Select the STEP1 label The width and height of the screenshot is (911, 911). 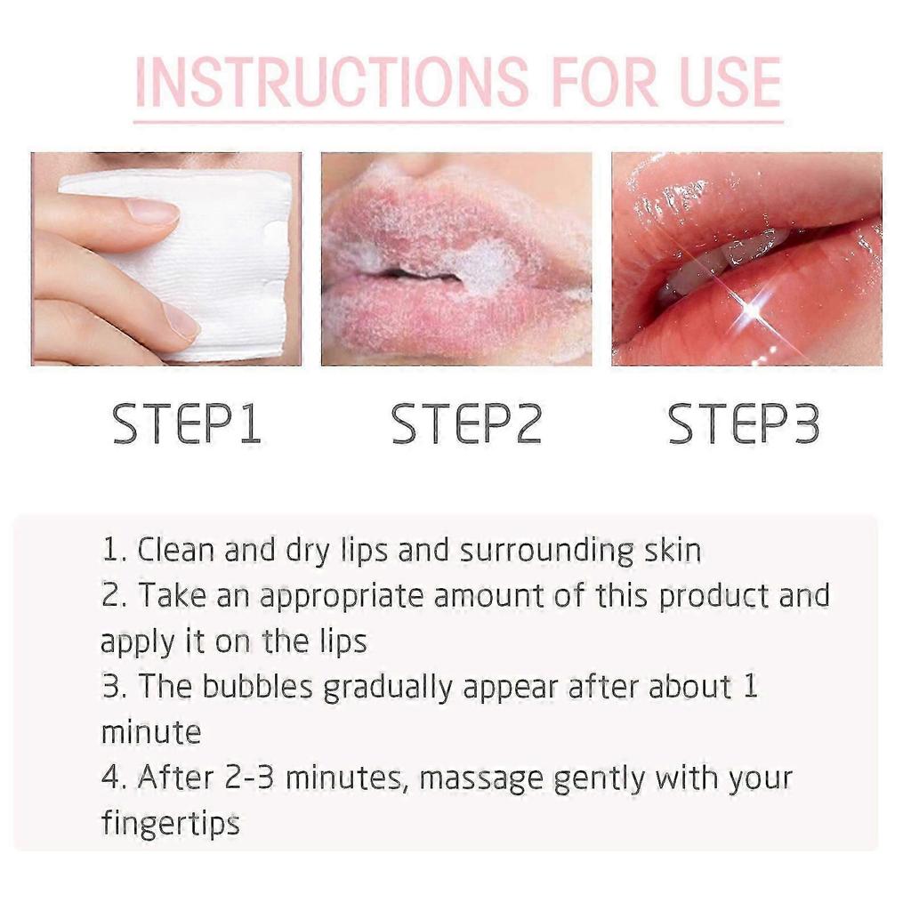(x=187, y=424)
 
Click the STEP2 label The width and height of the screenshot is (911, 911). (x=466, y=424)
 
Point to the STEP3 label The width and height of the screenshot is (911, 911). (x=743, y=424)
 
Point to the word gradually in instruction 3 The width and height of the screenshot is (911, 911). (x=391, y=689)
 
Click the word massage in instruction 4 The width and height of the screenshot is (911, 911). (x=480, y=779)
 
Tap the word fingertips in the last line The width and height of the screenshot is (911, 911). (x=170, y=824)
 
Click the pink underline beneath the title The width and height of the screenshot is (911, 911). (x=457, y=120)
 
